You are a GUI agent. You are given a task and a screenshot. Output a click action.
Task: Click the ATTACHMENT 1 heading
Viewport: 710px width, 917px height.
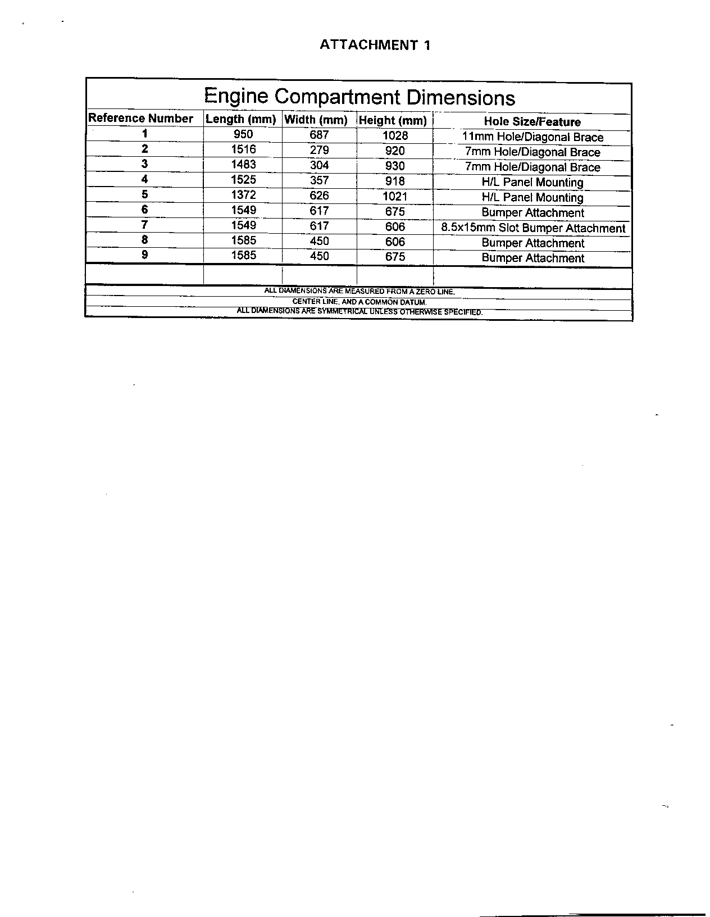[x=375, y=46]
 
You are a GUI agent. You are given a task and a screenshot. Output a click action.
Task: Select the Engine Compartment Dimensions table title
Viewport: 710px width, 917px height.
[x=359, y=97]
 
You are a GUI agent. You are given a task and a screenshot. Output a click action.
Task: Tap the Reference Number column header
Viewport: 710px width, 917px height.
[x=141, y=118]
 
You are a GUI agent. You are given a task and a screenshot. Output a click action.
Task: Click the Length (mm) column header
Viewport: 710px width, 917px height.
[x=241, y=119]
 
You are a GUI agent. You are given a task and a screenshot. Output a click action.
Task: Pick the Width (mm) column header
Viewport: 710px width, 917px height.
[x=316, y=120]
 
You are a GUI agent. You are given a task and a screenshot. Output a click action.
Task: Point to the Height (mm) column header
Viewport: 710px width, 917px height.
[x=393, y=120]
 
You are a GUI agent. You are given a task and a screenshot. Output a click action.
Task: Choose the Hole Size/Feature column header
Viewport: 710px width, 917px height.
[x=532, y=122]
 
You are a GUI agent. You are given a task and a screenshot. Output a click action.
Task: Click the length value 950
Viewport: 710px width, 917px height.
[x=243, y=134]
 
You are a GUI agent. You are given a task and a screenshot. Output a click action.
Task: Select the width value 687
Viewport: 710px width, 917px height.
[x=319, y=135]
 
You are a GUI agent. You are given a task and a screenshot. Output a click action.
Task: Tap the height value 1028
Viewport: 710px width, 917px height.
[x=395, y=135]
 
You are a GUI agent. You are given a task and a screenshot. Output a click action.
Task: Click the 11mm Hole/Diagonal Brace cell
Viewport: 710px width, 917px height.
[x=532, y=137]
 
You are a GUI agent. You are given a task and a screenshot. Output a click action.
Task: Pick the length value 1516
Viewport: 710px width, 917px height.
[x=243, y=149]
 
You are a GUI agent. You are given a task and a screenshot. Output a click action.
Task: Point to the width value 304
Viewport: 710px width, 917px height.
[x=319, y=165]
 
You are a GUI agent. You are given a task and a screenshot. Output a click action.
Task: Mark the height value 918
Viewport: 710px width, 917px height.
[x=395, y=181]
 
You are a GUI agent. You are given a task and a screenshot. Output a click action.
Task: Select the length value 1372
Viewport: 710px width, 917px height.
[x=243, y=195]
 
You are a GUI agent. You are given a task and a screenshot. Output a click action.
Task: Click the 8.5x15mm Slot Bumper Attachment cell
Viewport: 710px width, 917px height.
[x=532, y=228]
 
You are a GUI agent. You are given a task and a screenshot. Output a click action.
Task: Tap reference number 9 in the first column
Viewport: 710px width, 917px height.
[x=145, y=255]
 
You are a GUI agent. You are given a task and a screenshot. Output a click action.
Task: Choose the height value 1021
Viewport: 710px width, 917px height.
[x=395, y=197]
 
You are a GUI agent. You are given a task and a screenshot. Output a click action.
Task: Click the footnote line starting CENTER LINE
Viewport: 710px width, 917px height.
[x=359, y=302]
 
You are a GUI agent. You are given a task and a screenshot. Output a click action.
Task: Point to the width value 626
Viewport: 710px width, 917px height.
[x=319, y=196]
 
